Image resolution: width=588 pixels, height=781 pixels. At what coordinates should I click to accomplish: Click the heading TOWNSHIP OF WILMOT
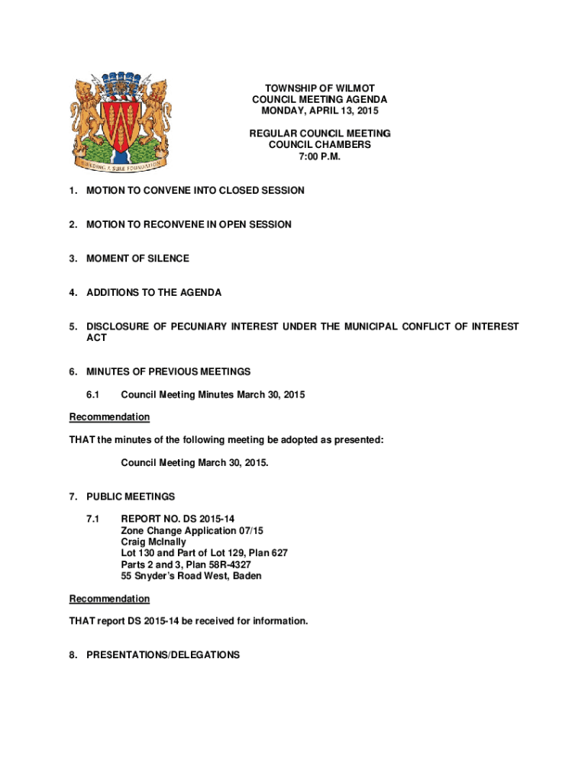(x=319, y=88)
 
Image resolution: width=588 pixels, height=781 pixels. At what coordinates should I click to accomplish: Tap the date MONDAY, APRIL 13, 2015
(x=319, y=111)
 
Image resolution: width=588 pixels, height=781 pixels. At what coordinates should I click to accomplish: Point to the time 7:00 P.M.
(x=319, y=156)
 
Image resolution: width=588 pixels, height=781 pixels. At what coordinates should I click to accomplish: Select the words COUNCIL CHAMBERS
(x=319, y=144)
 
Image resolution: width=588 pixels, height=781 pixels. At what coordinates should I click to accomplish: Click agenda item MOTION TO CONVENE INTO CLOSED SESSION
(x=195, y=191)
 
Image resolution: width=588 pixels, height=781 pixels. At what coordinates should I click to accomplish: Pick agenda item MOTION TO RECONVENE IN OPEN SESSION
(x=189, y=224)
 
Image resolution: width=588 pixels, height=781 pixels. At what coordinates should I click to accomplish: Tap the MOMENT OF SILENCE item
(x=137, y=259)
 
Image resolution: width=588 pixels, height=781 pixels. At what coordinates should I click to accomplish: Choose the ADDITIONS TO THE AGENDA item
(x=153, y=292)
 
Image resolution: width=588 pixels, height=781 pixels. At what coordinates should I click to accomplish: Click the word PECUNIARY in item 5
(x=221, y=326)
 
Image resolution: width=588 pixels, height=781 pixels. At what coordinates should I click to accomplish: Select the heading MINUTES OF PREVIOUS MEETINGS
(x=168, y=371)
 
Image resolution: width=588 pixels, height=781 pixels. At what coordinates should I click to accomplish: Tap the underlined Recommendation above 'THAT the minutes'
(x=109, y=417)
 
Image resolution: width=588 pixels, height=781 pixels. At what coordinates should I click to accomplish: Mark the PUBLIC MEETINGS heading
(x=131, y=497)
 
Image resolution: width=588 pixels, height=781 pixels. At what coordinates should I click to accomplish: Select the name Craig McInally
(x=153, y=542)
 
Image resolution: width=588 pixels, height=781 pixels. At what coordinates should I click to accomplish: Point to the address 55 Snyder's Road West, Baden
(x=191, y=576)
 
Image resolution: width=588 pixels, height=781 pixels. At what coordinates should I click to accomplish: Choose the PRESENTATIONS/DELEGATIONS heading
(x=163, y=655)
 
